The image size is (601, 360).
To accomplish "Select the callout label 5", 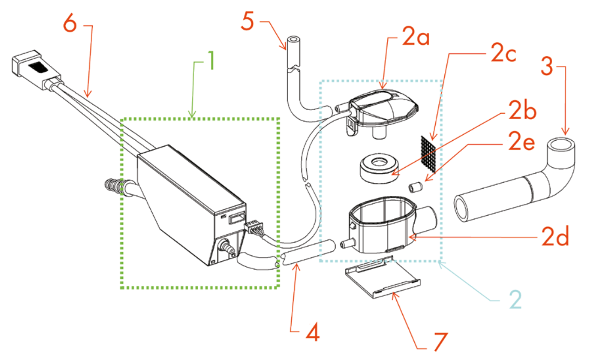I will pos(247,21).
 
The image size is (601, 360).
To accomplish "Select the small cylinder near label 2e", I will pos(414,187).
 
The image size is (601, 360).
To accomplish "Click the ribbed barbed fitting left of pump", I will pos(111,186).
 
